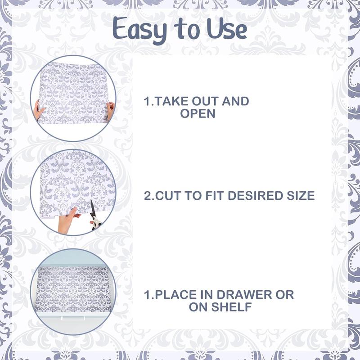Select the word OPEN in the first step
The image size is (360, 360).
coord(198,113)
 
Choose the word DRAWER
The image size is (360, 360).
coord(245,295)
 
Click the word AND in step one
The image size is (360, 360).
coord(236,101)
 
